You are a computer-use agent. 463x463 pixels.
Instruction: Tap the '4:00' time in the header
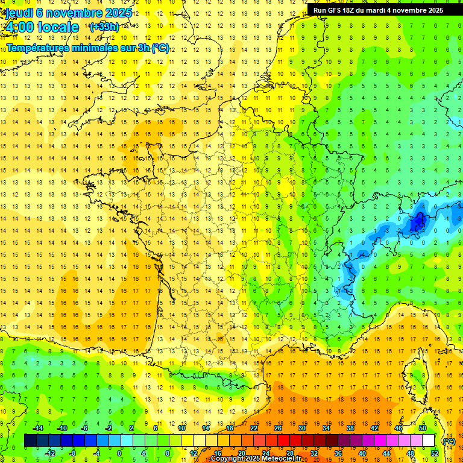19,27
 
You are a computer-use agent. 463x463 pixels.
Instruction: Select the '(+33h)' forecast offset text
104,27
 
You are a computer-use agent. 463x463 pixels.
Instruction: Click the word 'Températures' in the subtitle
36,48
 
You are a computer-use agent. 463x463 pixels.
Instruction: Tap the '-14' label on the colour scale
37,428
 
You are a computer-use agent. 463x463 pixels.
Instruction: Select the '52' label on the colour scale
435,453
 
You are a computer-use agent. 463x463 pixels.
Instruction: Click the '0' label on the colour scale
119,453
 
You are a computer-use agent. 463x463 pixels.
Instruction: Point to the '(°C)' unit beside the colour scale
449,441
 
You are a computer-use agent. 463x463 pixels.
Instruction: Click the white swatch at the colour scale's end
428,441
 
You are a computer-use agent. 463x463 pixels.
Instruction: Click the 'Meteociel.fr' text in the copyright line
281,459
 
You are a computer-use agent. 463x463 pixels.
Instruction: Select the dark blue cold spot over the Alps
417,224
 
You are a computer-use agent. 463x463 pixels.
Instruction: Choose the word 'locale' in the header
57,27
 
